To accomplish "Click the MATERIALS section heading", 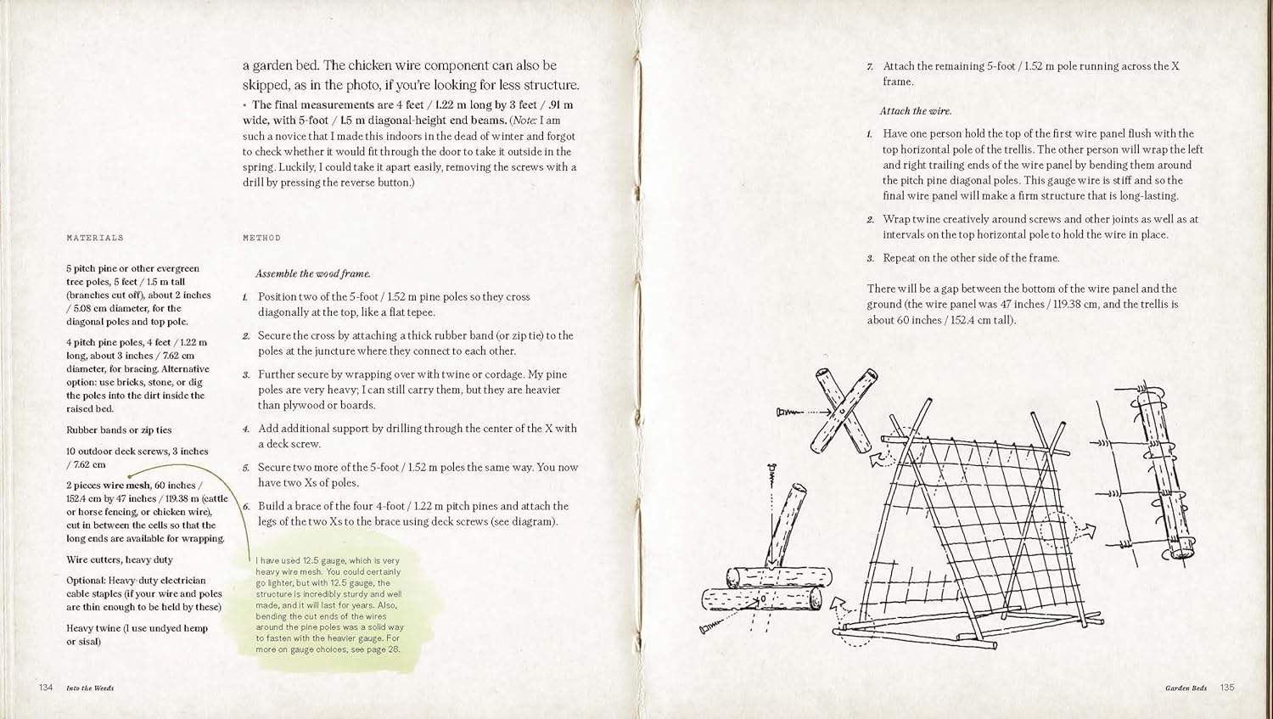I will click(x=95, y=239).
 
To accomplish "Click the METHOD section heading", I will click(x=261, y=239).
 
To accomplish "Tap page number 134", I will click(x=46, y=688).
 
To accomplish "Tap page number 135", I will click(x=1227, y=688).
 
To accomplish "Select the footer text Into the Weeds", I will click(x=90, y=688).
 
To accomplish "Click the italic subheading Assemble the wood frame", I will click(x=313, y=274).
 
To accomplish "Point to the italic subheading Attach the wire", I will click(x=916, y=111).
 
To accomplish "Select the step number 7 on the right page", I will click(x=870, y=66).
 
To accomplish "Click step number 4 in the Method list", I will click(x=245, y=430).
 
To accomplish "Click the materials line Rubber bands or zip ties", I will click(x=119, y=430).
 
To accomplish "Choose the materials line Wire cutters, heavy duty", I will click(x=120, y=560).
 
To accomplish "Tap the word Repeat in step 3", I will click(x=900, y=258).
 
